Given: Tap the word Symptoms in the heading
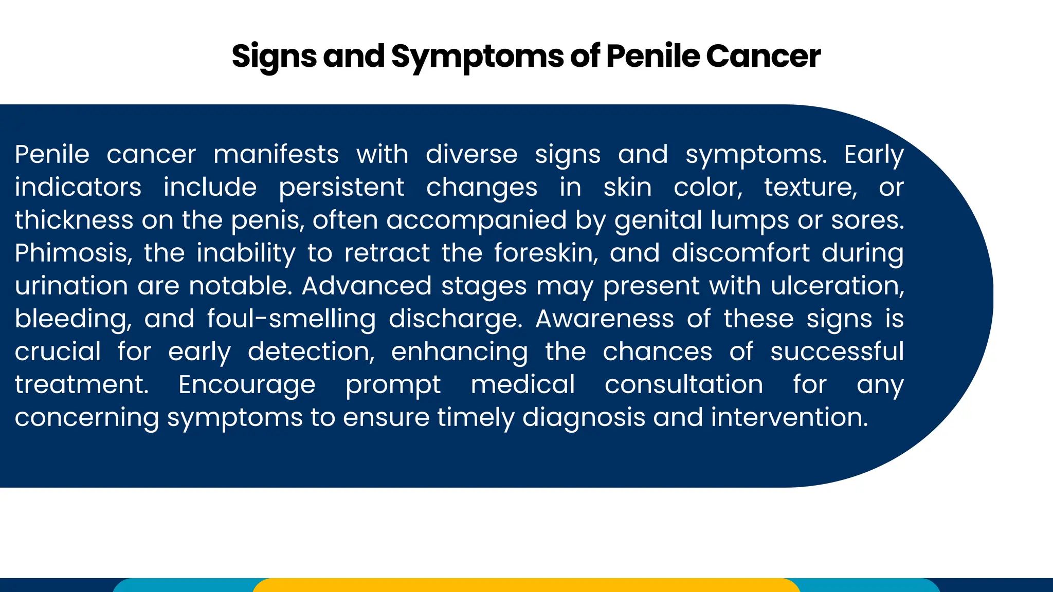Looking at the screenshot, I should tap(477, 57).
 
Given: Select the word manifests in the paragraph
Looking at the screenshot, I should tap(276, 154).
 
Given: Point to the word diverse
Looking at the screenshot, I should tap(471, 154).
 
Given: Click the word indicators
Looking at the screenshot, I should tap(78, 187).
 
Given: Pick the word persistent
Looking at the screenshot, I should tap(341, 188).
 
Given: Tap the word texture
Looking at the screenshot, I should tap(810, 187).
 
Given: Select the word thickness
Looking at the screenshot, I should tap(74, 220).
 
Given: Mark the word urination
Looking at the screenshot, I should tap(71, 286).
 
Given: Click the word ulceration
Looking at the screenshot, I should tap(837, 286).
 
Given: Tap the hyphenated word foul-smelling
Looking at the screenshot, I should tap(292, 319).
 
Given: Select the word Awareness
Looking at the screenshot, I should tap(605, 319).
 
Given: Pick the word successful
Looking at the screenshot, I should tap(837, 351).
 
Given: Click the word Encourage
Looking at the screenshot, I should tap(247, 385).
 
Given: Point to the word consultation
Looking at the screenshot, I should tap(683, 384).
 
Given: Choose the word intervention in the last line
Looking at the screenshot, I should tap(789, 417).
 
